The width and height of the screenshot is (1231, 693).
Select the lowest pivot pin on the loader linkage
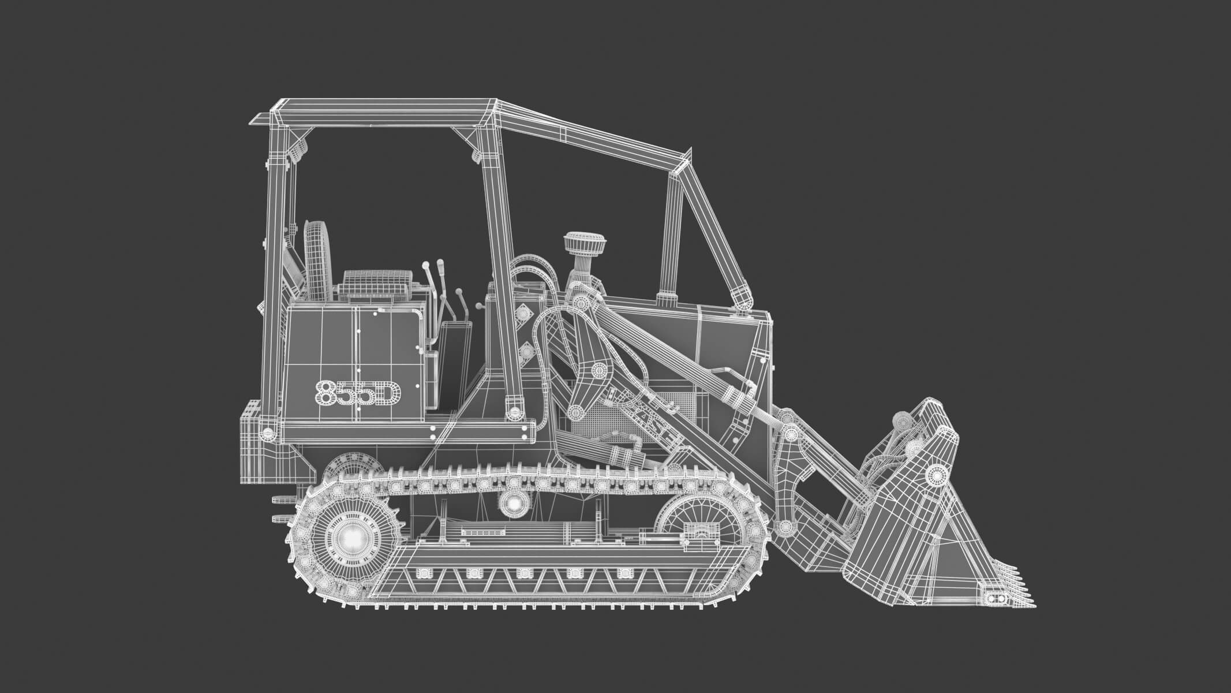(783, 527)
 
